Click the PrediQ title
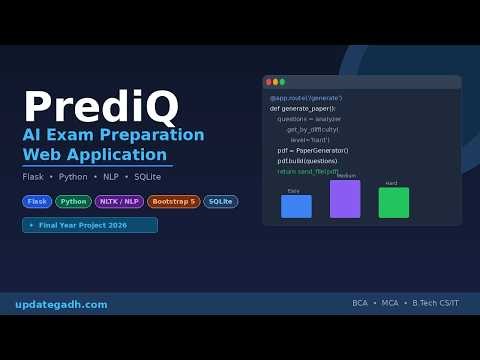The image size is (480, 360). click(100, 107)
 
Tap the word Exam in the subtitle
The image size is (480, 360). click(91, 135)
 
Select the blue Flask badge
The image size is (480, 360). click(37, 201)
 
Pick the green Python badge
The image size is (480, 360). click(73, 201)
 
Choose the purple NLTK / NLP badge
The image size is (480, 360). click(119, 201)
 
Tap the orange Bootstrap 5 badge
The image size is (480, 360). click(173, 201)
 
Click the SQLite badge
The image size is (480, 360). click(220, 201)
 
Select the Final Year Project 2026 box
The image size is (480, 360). click(90, 225)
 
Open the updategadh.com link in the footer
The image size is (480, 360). click(61, 304)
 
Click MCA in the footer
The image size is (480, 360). click(390, 303)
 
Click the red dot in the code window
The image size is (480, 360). click(268, 82)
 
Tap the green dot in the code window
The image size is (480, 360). click(282, 82)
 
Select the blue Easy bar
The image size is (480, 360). click(296, 206)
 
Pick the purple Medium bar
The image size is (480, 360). click(345, 198)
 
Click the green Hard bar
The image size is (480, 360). click(393, 202)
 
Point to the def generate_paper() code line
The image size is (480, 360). click(303, 108)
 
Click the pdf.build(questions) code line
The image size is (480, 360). click(307, 161)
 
